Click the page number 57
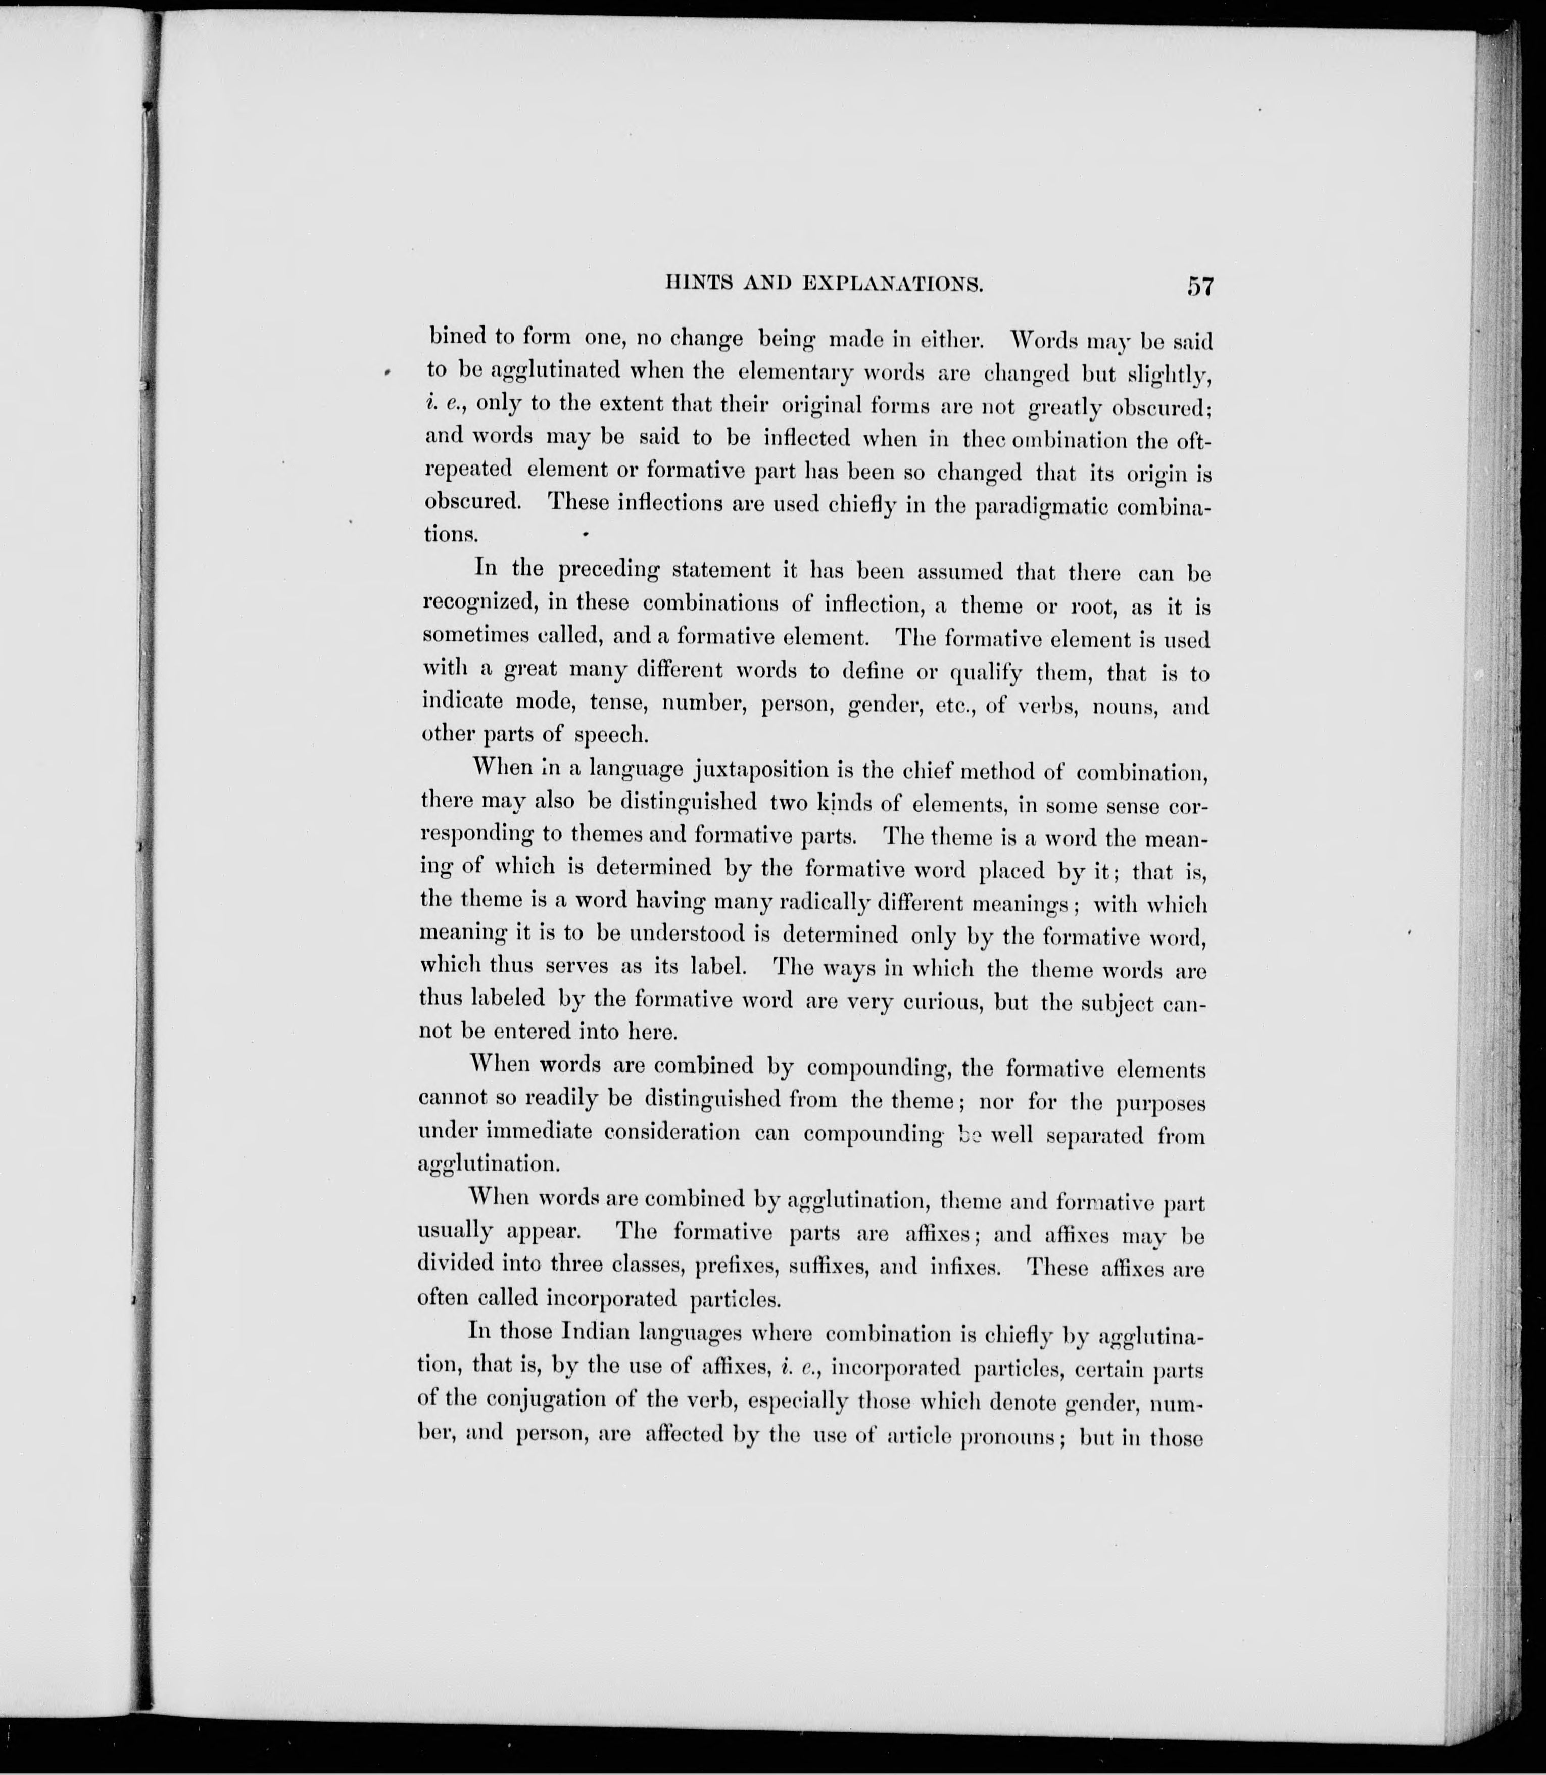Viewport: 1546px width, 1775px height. tap(1199, 286)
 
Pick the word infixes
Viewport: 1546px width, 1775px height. tap(965, 1269)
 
